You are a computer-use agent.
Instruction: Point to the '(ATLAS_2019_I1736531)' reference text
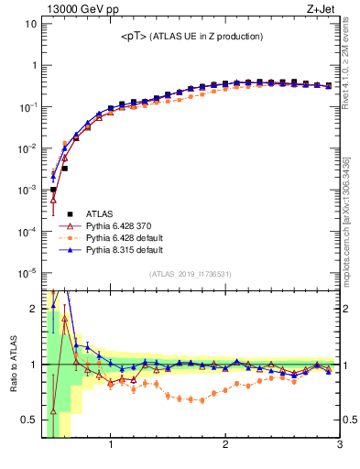pos(191,274)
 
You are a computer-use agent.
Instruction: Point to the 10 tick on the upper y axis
pos(30,23)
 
